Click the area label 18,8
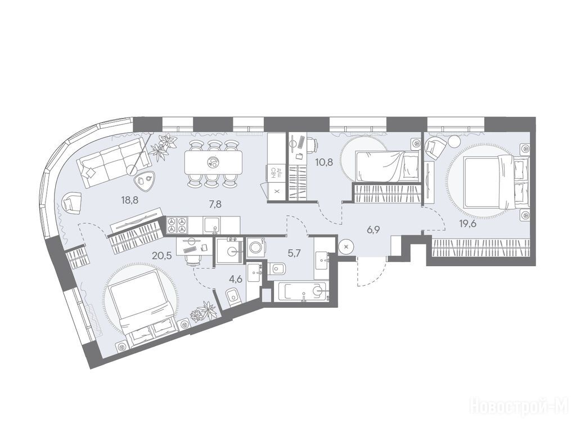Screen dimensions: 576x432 [x=130, y=200]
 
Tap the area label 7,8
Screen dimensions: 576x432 [x=215, y=205]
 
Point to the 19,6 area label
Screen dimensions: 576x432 [x=467, y=223]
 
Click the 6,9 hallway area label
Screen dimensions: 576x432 [x=373, y=230]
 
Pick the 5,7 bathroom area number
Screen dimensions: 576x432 [x=292, y=253]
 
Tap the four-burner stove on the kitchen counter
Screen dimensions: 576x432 [x=177, y=225]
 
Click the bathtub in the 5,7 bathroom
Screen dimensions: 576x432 [x=302, y=292]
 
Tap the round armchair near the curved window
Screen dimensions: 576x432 [x=72, y=202]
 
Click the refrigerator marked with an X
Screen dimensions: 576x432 [x=277, y=191]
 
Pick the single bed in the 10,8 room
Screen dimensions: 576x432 [x=388, y=166]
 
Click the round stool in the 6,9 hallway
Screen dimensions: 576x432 [x=346, y=247]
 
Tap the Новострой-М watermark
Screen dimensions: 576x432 [x=521, y=407]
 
